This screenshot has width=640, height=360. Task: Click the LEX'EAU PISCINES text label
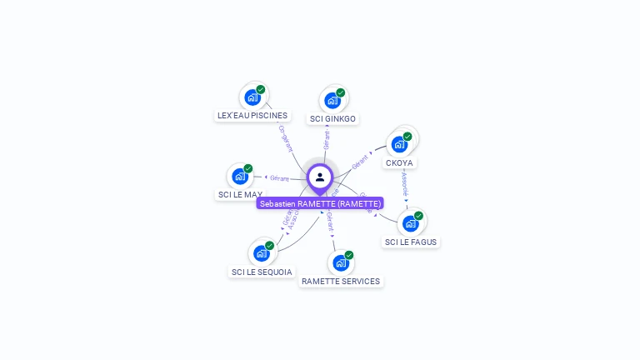[252, 116]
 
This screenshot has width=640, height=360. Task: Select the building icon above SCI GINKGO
[332, 101]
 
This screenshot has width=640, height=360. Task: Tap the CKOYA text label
[400, 162]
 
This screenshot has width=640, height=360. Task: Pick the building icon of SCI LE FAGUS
[410, 222]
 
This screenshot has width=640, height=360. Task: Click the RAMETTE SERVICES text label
[340, 282]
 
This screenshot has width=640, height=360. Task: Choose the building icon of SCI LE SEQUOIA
[261, 252]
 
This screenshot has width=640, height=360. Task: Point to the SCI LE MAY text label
[240, 195]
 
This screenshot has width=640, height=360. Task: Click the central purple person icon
[320, 177]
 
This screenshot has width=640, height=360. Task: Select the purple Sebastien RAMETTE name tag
[320, 203]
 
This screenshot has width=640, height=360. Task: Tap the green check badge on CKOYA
[407, 137]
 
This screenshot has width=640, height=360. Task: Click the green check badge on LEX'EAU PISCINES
[261, 90]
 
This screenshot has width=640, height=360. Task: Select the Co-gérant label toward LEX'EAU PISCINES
[286, 138]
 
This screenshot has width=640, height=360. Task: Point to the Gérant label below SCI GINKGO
[327, 139]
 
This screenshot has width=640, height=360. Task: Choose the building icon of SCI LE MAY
[240, 176]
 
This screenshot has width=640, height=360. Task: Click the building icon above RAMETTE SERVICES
[340, 262]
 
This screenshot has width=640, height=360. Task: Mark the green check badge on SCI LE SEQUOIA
[270, 246]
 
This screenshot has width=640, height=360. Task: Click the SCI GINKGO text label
[332, 119]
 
